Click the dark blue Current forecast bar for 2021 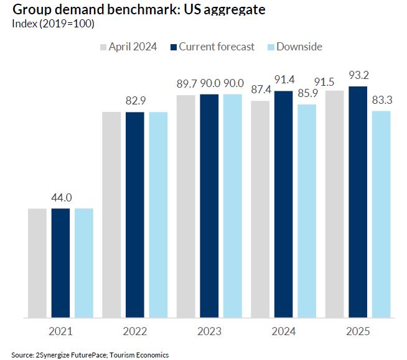point(60,262)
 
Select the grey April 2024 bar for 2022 point(111,215)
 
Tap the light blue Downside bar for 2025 point(381,214)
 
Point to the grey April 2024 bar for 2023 point(185,206)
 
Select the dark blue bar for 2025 point(358,201)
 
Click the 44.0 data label point(61,198)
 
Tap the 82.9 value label point(135,101)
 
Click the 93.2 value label point(358,76)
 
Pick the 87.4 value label point(261,90)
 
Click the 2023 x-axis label point(209,331)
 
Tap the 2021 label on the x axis point(61,331)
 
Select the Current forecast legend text point(217,47)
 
